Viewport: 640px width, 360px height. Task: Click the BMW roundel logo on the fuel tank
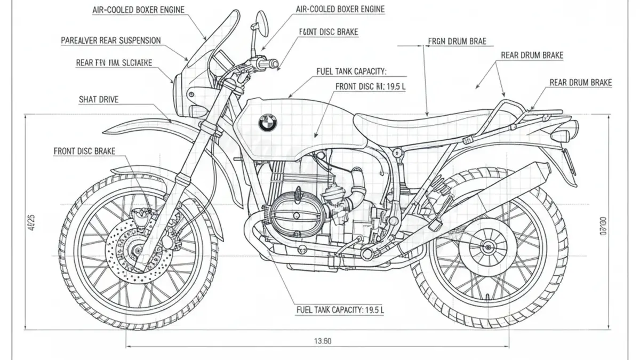pos(267,124)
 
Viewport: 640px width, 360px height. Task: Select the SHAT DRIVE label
pos(99,99)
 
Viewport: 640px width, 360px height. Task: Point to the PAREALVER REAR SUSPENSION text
pos(111,40)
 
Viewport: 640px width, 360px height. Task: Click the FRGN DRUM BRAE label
pos(457,41)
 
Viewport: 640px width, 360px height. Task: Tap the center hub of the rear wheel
pos(487,247)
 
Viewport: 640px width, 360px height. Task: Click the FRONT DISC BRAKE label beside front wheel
pos(84,151)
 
